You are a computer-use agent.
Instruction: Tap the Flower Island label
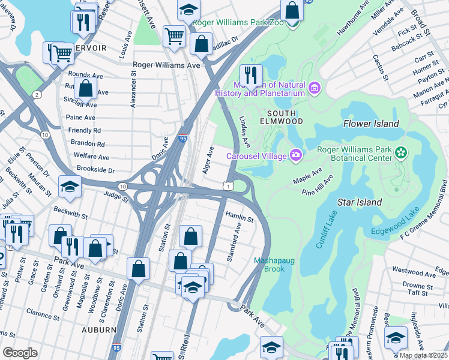click(x=371, y=124)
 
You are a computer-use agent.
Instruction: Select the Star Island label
click(x=359, y=202)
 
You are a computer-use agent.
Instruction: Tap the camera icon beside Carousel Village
click(x=295, y=155)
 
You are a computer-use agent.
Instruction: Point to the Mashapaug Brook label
click(x=273, y=265)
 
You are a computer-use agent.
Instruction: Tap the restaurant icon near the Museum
click(x=251, y=75)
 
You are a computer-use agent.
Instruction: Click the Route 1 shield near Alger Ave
click(x=228, y=187)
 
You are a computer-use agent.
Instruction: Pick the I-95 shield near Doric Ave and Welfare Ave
click(x=182, y=139)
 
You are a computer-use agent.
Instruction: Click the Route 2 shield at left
click(x=37, y=95)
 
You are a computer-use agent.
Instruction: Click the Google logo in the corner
click(x=20, y=352)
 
